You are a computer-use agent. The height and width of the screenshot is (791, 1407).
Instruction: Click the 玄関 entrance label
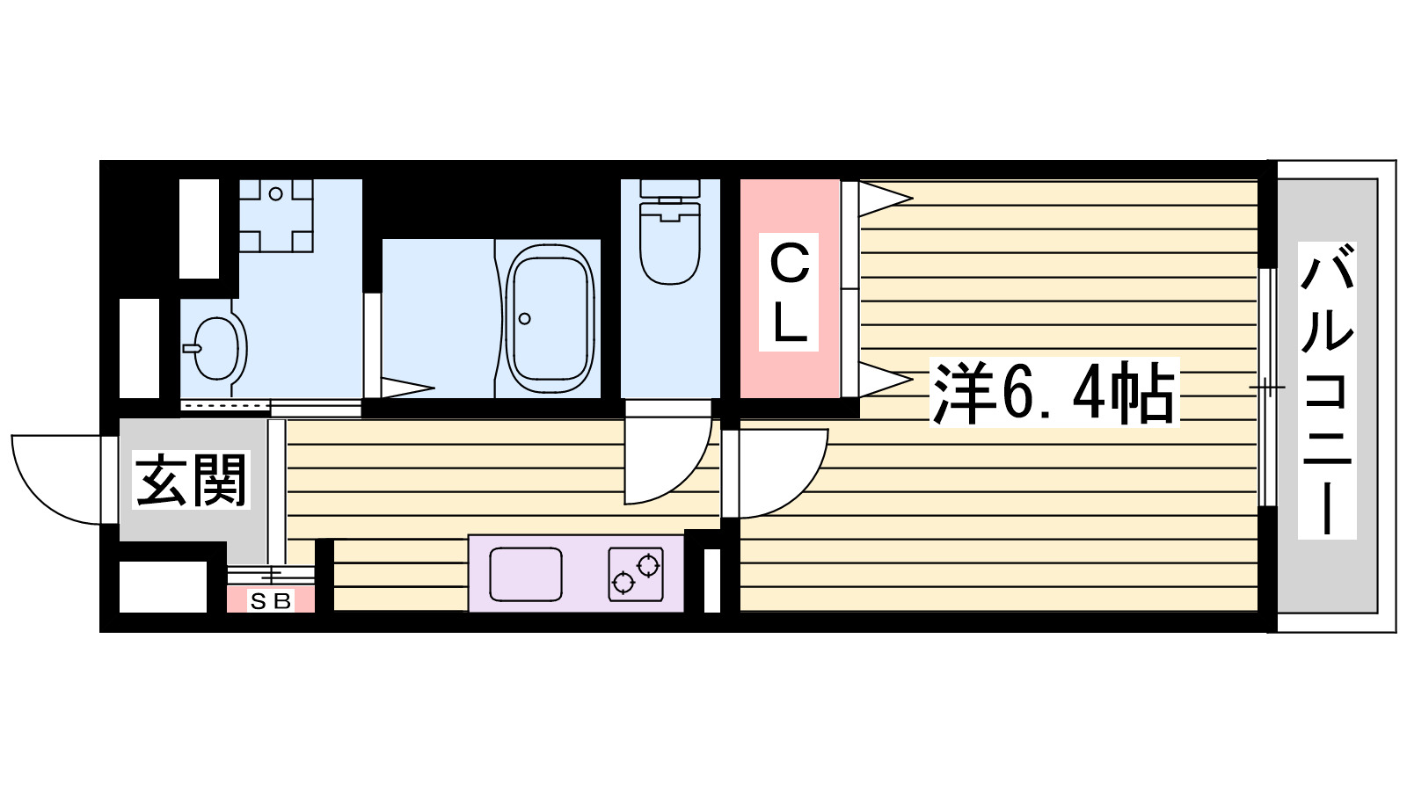tap(192, 480)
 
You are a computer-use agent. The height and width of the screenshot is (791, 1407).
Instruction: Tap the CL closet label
tap(789, 292)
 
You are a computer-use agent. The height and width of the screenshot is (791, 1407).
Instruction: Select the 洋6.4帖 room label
tap(1053, 393)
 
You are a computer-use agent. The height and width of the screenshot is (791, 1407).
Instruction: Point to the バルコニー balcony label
tap(1326, 391)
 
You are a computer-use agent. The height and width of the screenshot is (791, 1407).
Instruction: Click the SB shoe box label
tap(270, 602)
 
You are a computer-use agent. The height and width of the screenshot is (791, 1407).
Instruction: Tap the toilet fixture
tap(670, 242)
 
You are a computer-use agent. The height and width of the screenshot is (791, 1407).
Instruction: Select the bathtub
tap(550, 318)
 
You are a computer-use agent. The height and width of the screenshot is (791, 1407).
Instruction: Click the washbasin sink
tap(216, 348)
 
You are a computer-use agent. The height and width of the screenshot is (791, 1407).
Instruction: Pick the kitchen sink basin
tap(525, 574)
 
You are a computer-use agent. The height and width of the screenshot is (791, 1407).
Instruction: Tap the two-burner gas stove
tap(636, 573)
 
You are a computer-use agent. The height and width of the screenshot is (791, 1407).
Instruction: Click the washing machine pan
tap(276, 215)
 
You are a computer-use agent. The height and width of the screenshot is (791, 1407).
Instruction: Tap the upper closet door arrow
tap(884, 198)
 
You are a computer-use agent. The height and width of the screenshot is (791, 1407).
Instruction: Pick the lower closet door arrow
tap(884, 380)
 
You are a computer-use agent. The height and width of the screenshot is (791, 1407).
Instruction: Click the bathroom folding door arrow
tap(406, 387)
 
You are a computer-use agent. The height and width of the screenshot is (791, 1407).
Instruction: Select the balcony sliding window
tap(1267, 387)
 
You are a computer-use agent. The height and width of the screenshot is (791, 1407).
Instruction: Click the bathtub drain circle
tap(525, 318)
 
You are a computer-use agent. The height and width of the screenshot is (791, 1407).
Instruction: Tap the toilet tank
tap(670, 188)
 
